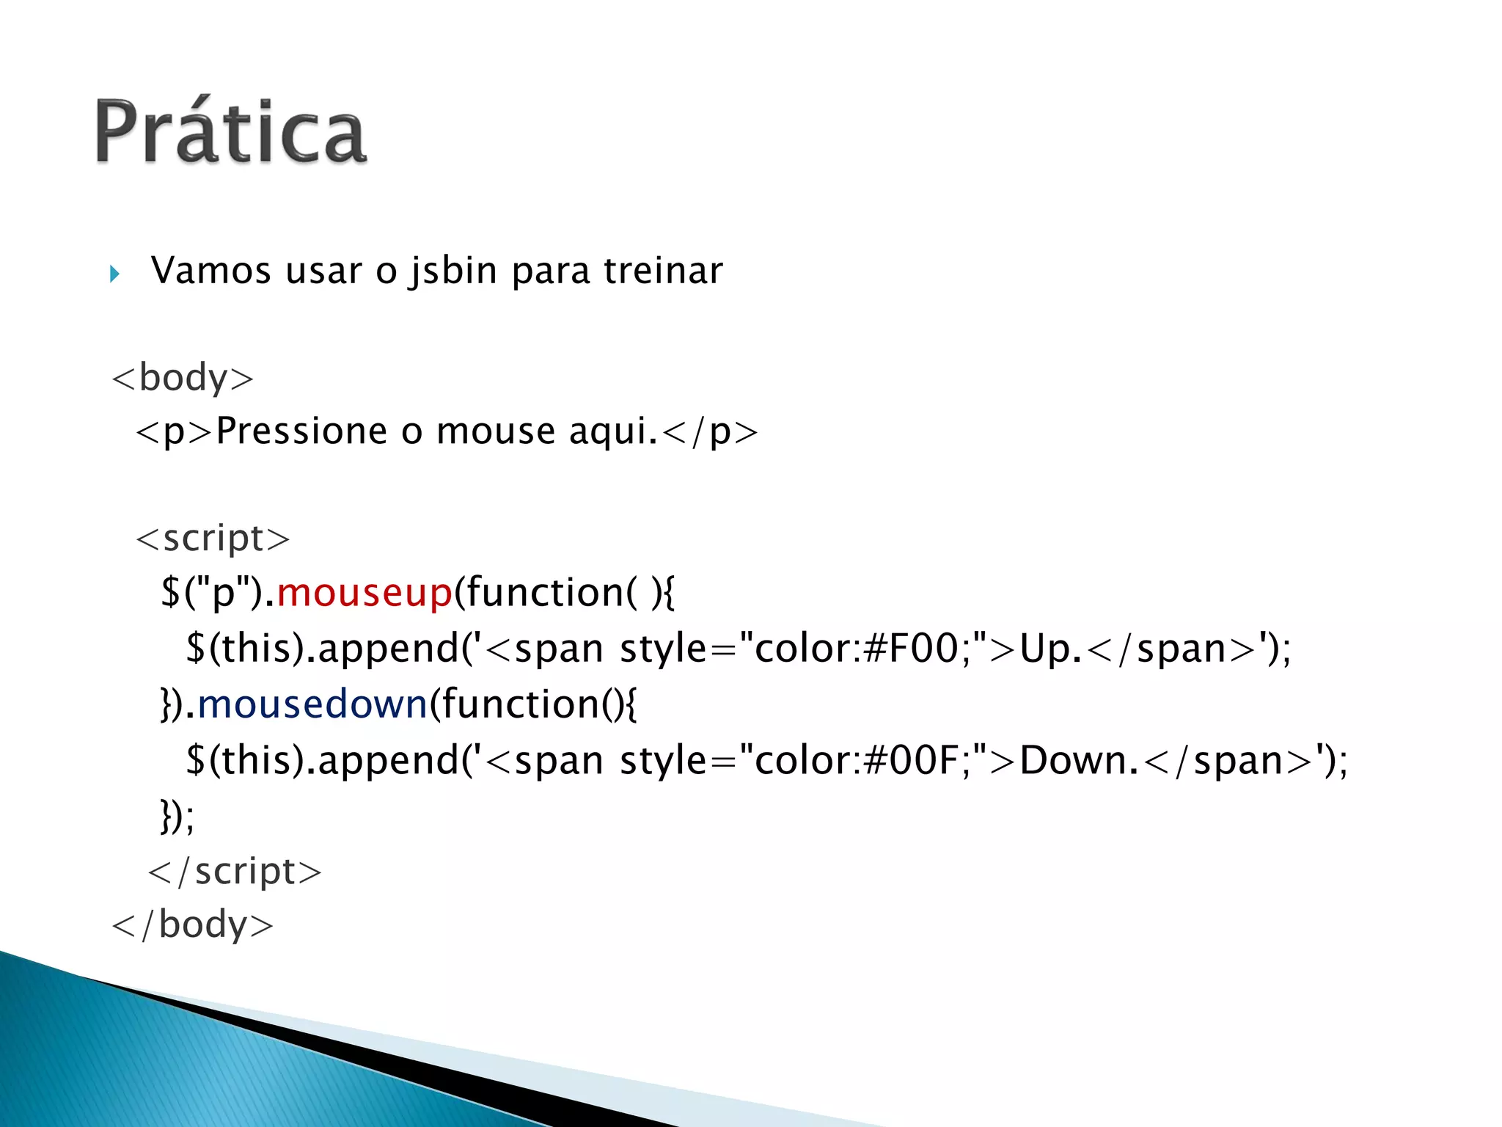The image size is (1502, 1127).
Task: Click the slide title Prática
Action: (230, 132)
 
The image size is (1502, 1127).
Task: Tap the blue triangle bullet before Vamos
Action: (114, 274)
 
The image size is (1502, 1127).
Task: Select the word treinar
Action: (663, 271)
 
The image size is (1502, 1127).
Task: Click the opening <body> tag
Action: (183, 379)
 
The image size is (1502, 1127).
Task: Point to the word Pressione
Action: (301, 431)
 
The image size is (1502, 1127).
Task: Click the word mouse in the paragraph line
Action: (496, 431)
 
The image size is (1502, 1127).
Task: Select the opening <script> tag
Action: (213, 539)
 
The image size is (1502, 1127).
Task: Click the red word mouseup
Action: (364, 593)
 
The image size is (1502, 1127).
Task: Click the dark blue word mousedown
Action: (312, 704)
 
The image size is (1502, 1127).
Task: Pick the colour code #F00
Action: (911, 649)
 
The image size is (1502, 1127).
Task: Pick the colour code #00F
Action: (911, 760)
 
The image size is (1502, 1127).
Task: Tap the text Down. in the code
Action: (1078, 760)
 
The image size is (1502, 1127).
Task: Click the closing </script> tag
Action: (235, 872)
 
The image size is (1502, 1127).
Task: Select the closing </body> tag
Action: (192, 924)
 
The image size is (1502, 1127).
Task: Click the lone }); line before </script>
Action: (177, 816)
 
